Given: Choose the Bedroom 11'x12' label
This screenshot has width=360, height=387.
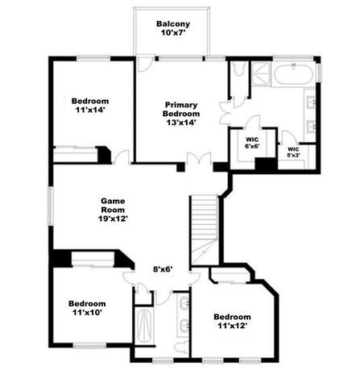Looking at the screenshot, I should pos(233,321).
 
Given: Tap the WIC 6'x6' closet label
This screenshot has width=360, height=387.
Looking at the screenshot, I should pos(252,142).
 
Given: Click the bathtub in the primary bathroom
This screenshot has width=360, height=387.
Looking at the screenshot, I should pos(295,76).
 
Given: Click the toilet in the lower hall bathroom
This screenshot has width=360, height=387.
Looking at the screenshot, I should pos(182,346).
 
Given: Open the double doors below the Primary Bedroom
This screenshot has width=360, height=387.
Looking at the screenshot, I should pos(197,160).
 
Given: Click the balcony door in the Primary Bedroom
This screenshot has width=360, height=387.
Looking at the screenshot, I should pos(144,64).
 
